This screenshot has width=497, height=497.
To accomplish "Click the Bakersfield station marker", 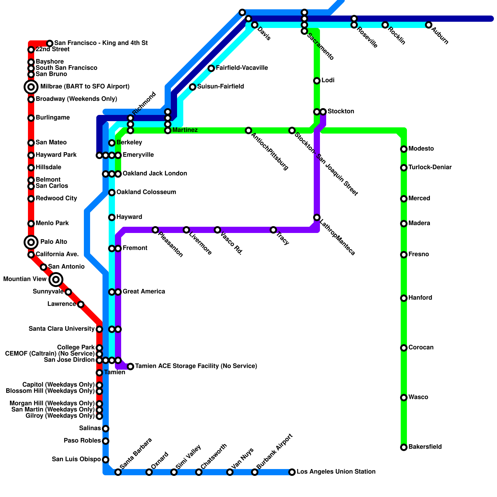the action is point(404,447).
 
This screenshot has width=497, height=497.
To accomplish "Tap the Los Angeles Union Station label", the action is point(336,472).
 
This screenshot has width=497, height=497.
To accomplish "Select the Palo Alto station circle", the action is point(31,242).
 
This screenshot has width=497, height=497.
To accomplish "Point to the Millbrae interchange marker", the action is point(31,87).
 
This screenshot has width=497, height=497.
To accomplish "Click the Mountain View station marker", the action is point(56,280).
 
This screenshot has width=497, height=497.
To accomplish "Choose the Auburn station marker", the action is point(429,25).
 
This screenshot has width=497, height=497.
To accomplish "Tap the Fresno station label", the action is point(419,254).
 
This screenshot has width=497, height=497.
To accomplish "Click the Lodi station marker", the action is point(317,81).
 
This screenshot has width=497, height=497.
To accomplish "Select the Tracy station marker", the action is point(273,230).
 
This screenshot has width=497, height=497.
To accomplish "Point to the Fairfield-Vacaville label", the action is point(242,68).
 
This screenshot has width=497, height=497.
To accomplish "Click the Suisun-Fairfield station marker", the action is point(193,87).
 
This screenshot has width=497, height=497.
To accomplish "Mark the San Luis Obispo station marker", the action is point(106,460).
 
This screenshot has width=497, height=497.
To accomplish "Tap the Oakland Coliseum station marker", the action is point(112,193).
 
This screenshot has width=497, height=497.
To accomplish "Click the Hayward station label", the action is point(129,217).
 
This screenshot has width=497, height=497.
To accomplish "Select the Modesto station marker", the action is point(404,149).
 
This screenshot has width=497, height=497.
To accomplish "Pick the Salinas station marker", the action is point(106,429).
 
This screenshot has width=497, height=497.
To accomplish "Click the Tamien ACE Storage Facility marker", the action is point(130,367).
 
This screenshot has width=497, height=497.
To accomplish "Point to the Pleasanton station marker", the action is point(155,230).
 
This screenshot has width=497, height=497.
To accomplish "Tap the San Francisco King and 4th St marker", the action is point(50,43).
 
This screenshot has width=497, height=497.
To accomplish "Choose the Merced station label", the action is point(419,198).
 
